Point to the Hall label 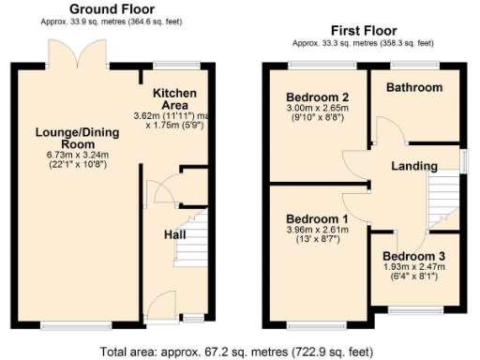pyautogui.click(x=175, y=233)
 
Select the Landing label pyautogui.click(x=414, y=166)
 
